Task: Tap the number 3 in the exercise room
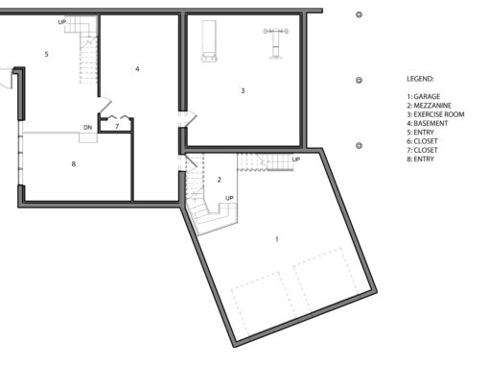click(243, 91)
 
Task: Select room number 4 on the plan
click(137, 69)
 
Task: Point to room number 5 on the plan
click(46, 55)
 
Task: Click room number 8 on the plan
click(73, 164)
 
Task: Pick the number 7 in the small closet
click(116, 126)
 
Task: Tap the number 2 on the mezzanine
click(219, 180)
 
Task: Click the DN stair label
click(87, 127)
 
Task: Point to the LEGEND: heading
click(420, 78)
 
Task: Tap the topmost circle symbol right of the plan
click(359, 15)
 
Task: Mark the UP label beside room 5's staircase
click(62, 21)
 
